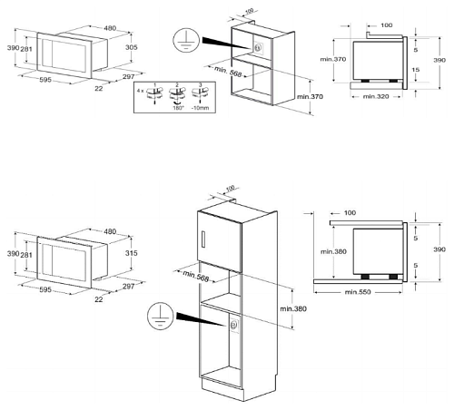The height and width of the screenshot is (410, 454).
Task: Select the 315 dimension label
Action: (x=132, y=255)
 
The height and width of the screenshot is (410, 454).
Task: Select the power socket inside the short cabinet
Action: (x=259, y=49)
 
